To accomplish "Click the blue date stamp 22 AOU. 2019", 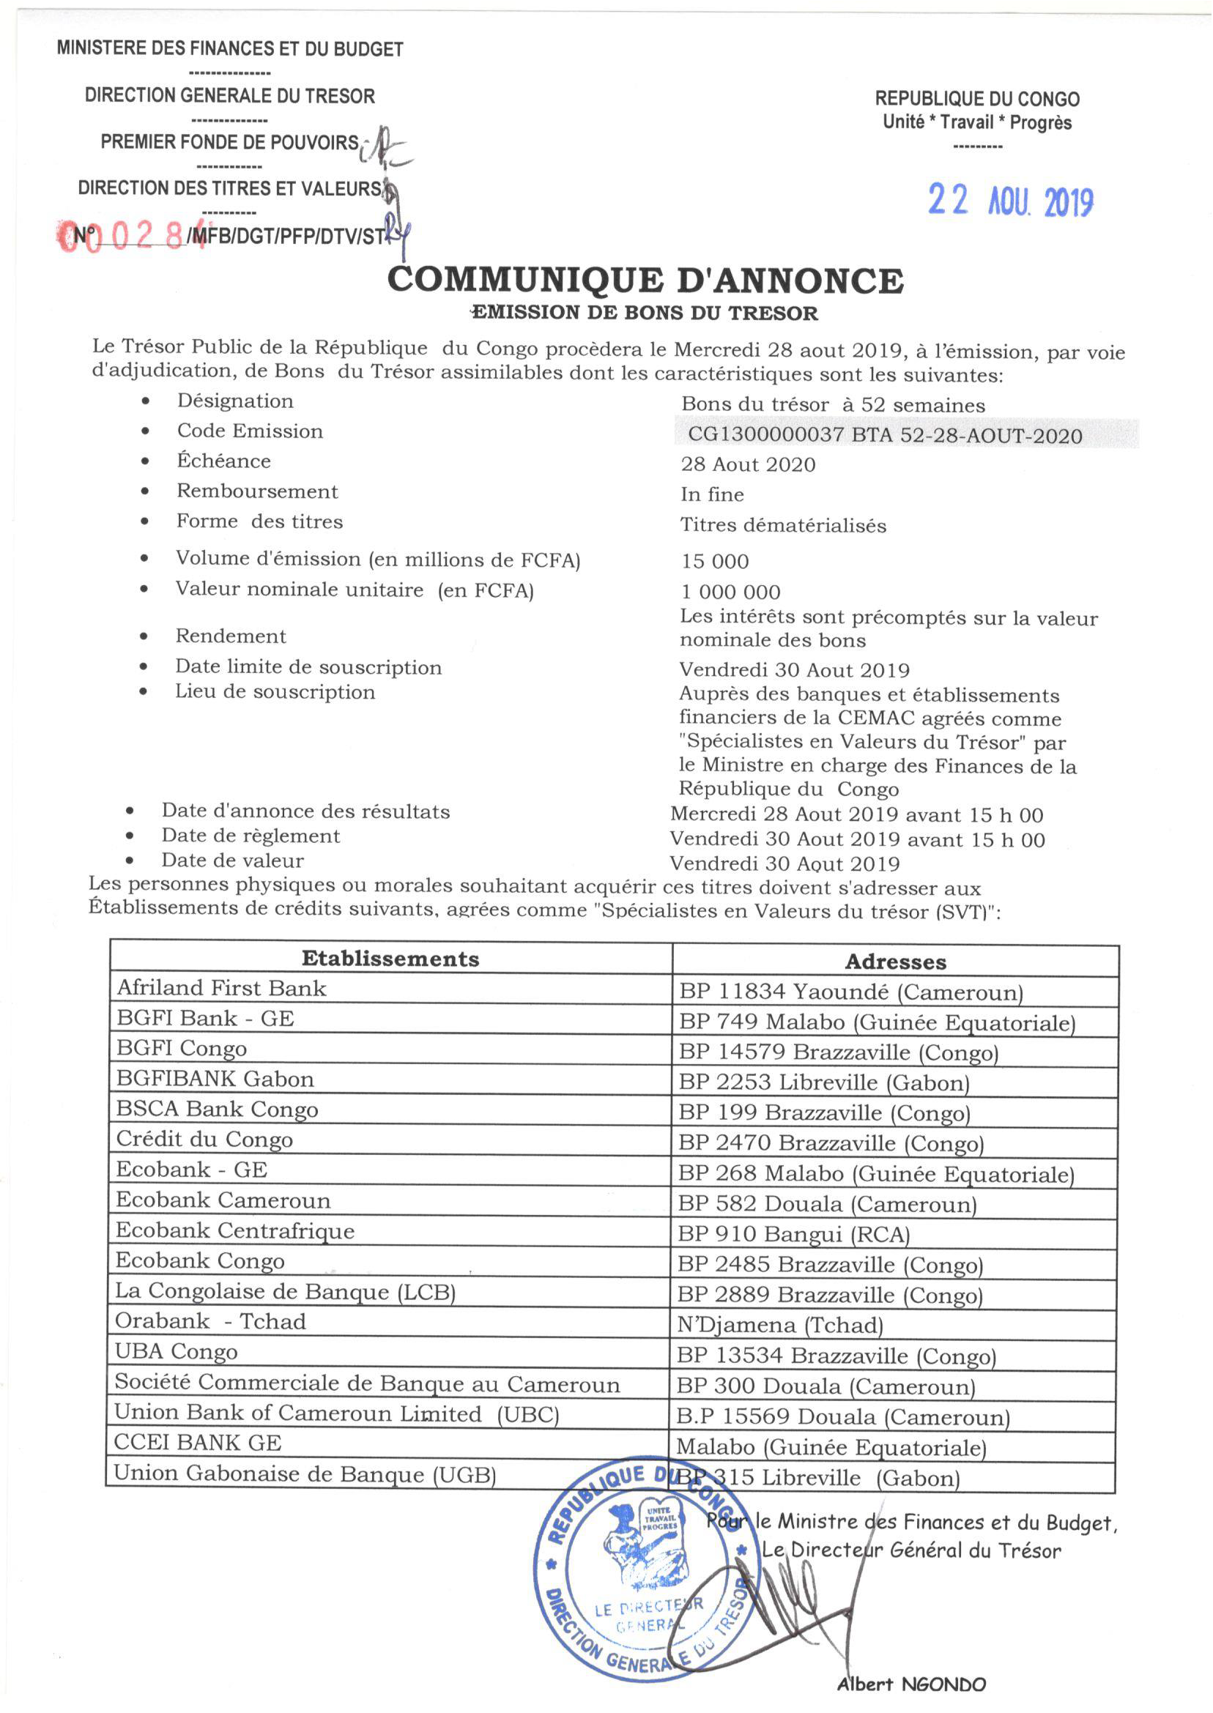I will [x=1011, y=201].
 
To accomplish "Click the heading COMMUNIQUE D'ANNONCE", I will [x=645, y=280].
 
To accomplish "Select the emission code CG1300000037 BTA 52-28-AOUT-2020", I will [x=884, y=435].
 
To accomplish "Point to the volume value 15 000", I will [x=715, y=561].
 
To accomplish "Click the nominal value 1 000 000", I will [x=730, y=592].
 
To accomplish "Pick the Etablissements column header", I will [x=390, y=959].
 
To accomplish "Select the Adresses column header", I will [x=895, y=962].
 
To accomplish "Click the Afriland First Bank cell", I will [x=222, y=989].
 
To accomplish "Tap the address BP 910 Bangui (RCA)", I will [x=793, y=1234].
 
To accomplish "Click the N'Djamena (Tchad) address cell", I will [x=780, y=1326].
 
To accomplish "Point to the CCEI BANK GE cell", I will [x=198, y=1443].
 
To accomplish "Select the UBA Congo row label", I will [x=177, y=1353].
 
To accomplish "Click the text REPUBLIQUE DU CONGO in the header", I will [x=977, y=99].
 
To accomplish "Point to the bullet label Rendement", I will [x=231, y=636].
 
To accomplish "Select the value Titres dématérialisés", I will [x=783, y=526].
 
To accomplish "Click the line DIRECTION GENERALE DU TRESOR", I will [x=230, y=96].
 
